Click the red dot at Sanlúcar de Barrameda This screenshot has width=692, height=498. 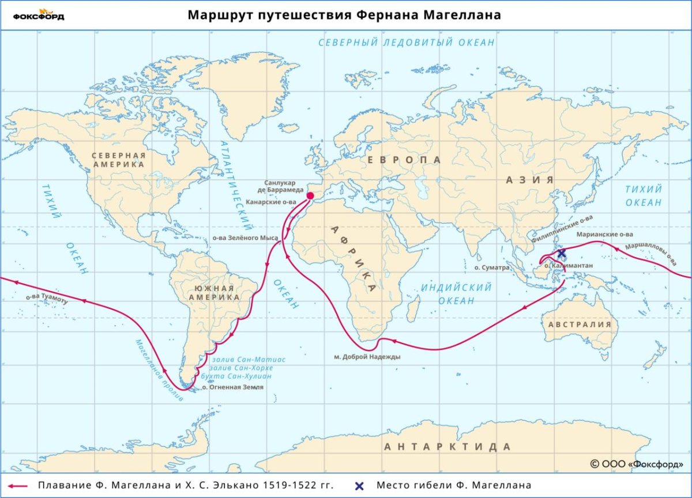pos(310,196)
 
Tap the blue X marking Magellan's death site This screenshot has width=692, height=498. pos(562,253)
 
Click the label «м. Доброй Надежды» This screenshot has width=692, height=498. pos(367,357)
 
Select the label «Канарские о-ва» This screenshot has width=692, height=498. pos(270,202)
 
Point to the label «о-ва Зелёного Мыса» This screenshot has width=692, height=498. pos(245,237)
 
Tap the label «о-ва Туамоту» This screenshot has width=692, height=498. pos(47,299)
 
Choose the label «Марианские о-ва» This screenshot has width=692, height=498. pos(604,235)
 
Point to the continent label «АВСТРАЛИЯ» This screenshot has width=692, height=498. pos(580,325)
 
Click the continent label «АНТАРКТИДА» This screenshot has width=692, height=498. pos(447,447)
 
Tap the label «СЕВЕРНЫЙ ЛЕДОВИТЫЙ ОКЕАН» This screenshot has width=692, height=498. pos(407,43)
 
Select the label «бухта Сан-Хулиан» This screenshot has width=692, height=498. pos(240,376)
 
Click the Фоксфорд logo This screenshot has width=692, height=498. pos(39,15)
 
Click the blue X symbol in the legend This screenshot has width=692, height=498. pos(360,485)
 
